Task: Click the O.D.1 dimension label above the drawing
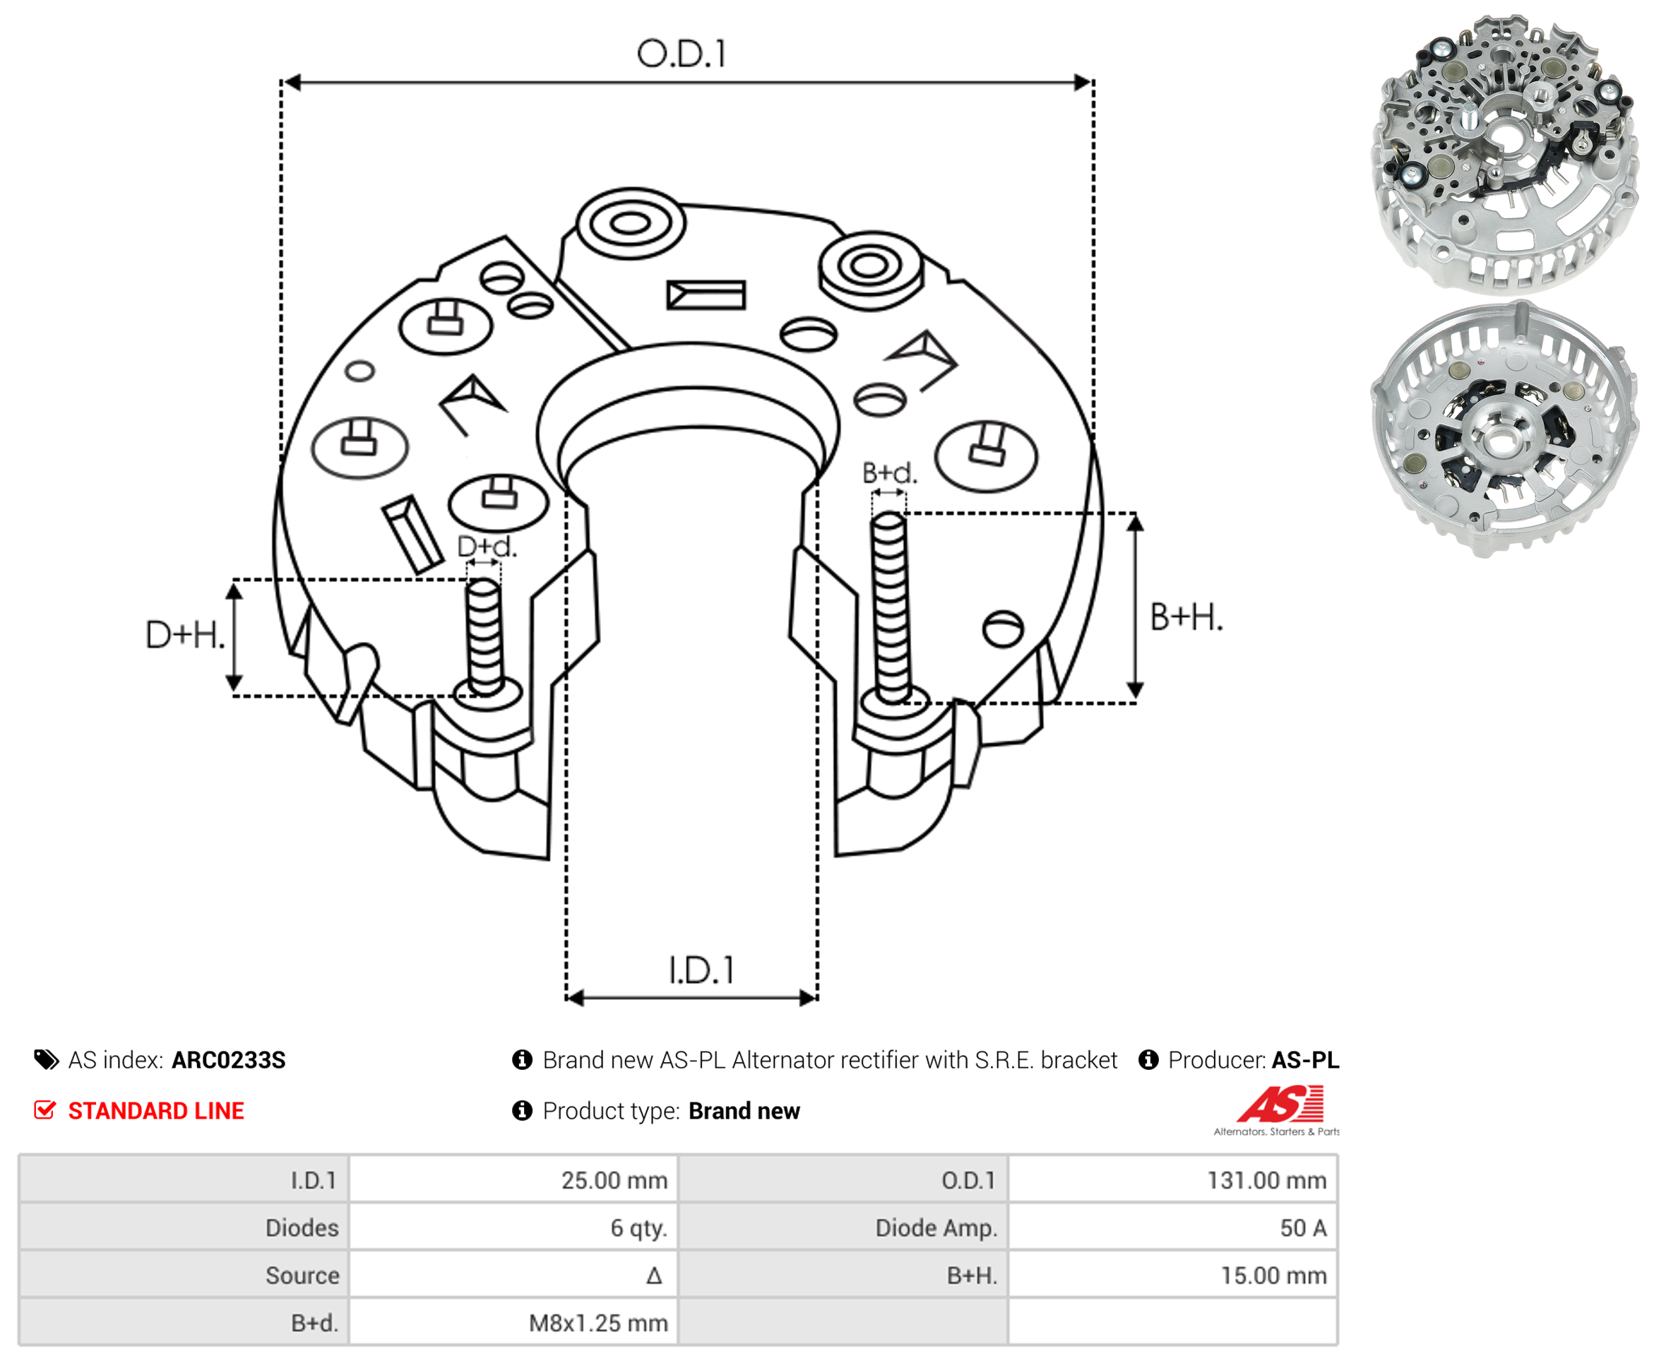[x=682, y=54]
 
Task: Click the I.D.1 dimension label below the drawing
[x=701, y=970]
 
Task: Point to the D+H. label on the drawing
[x=185, y=634]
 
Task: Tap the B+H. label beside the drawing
[x=1186, y=617]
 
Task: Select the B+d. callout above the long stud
[x=889, y=472]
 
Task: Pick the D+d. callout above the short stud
[x=487, y=547]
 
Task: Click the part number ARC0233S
[x=228, y=1060]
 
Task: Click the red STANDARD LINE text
[x=156, y=1111]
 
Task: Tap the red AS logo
[x=1280, y=1104]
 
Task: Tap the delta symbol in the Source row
[x=654, y=1276]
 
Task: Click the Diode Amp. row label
[x=936, y=1228]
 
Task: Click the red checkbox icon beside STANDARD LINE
[x=44, y=1110]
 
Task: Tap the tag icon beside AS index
[x=47, y=1060]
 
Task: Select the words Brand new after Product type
[x=744, y=1111]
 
